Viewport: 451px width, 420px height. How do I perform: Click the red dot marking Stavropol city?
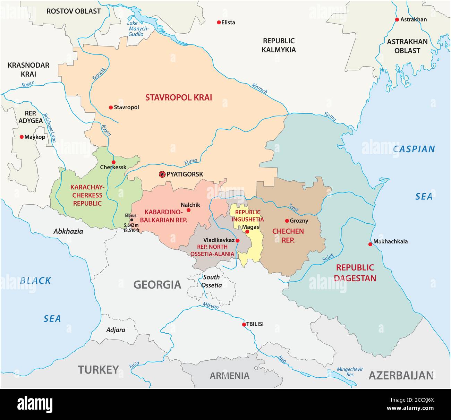pos(111,108)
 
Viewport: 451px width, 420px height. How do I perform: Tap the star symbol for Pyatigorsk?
pos(162,174)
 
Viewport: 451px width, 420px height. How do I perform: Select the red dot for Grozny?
pos(287,221)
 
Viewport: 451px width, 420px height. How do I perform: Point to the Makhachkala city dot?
pos(370,245)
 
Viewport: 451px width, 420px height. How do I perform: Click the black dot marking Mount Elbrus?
pos(131,220)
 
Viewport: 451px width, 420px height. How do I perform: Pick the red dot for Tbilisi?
pos(244,325)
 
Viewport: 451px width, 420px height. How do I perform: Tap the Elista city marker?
pos(219,23)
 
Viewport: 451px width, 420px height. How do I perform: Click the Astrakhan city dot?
pos(397,20)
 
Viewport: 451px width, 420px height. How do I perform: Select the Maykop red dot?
pos(22,137)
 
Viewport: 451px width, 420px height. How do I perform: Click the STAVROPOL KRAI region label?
pos(178,97)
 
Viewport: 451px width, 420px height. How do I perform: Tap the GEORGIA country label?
pos(157,285)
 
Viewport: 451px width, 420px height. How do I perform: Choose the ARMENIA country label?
pos(229,376)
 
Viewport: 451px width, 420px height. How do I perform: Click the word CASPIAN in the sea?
pos(414,149)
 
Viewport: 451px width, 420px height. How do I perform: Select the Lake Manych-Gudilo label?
pos(137,29)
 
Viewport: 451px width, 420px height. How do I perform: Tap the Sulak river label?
pos(328,258)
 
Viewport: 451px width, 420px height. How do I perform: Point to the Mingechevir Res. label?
pos(348,372)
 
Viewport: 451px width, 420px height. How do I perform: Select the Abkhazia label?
pos(68,231)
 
